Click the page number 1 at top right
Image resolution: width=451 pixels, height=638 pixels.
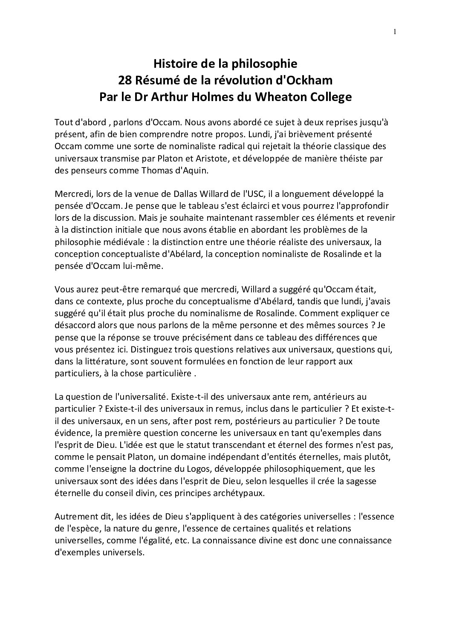click(x=395, y=31)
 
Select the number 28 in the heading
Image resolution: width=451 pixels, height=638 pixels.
click(x=125, y=80)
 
